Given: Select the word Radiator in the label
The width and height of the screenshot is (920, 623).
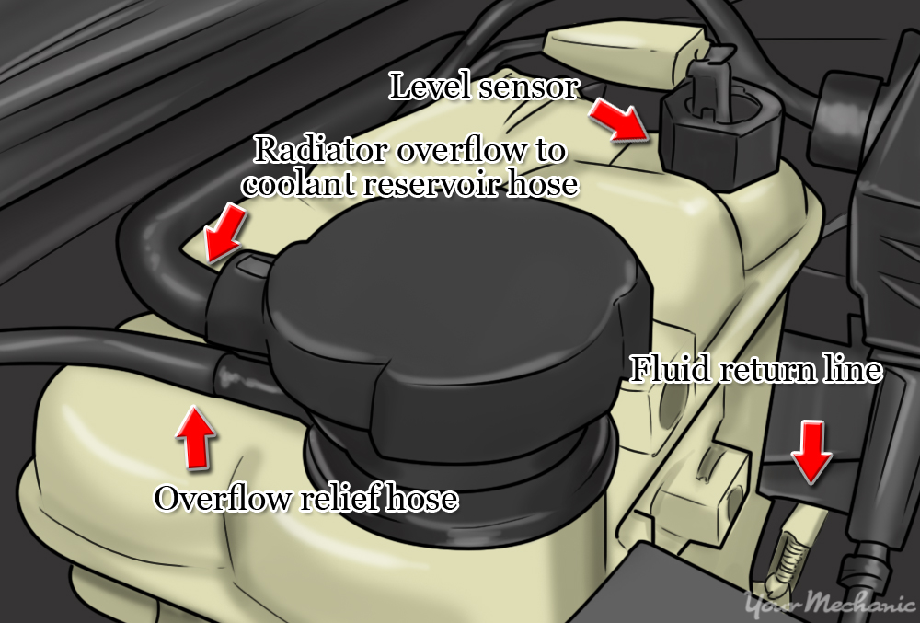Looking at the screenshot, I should click(x=318, y=149).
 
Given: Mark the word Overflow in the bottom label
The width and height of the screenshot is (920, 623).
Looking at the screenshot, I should click(x=214, y=499).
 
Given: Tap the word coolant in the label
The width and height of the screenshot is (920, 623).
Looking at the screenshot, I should click(x=300, y=183).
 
